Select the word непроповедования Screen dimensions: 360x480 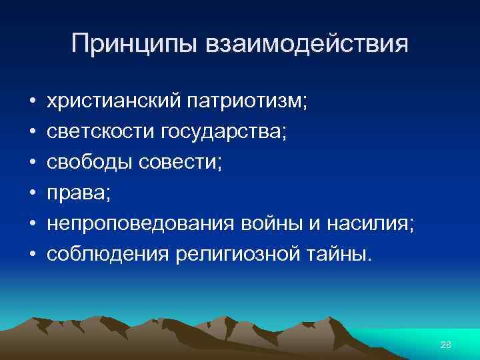[x=137, y=220]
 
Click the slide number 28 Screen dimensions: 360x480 [x=446, y=343]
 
